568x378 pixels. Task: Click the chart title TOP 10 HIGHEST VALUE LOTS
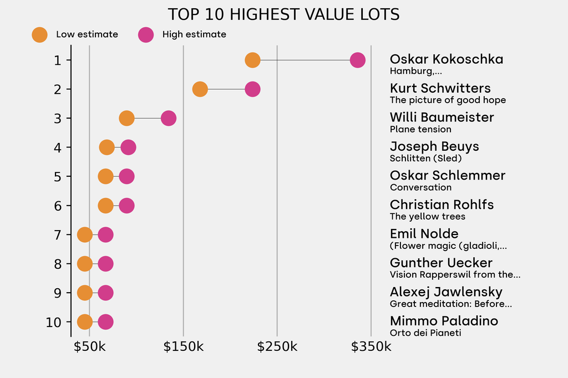click(283, 14)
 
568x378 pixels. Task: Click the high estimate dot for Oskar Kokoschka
click(358, 60)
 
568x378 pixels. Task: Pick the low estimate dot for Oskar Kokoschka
click(252, 60)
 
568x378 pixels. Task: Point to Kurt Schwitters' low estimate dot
click(200, 89)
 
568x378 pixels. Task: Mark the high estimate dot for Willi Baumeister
click(169, 118)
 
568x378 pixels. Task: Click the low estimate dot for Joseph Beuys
click(107, 147)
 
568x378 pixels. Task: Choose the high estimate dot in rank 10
click(105, 322)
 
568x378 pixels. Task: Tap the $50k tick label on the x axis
click(90, 348)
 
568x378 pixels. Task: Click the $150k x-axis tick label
click(184, 348)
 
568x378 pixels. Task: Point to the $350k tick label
click(371, 348)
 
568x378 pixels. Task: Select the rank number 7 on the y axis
click(58, 235)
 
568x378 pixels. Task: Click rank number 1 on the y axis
click(58, 60)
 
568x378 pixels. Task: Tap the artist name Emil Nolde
click(424, 233)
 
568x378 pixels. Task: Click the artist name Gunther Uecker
click(441, 263)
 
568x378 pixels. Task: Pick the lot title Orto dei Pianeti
click(425, 333)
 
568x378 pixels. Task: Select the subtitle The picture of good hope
click(448, 100)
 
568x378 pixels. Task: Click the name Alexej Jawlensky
click(446, 292)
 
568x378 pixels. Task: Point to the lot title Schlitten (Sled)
click(425, 159)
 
